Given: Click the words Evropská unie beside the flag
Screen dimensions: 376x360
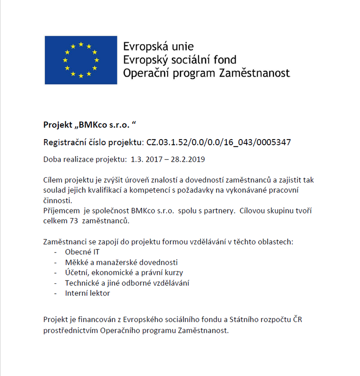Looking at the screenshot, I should coord(158,47).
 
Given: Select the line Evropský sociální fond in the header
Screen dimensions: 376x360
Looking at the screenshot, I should coord(179,60).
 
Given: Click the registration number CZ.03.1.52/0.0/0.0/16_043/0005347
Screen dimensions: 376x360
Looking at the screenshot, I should coord(221,142).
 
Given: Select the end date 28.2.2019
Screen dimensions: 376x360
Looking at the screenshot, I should coord(188,159).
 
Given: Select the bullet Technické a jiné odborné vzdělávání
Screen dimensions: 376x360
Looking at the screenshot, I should coord(127,283).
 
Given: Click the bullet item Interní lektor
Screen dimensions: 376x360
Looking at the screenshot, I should coord(88,293).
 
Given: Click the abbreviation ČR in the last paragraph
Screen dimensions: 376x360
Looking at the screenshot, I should coord(297,320).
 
